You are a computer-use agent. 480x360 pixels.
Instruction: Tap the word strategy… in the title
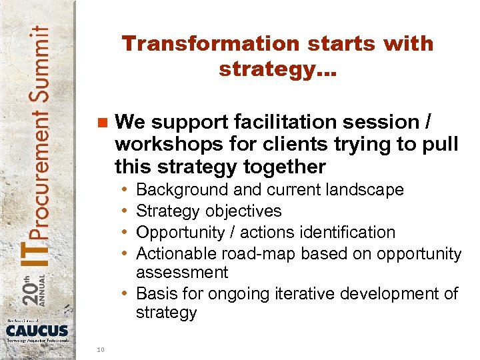tap(278, 69)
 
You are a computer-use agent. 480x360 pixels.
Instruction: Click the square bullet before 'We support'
tap(102, 123)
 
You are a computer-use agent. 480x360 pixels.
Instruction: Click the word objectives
tap(243, 211)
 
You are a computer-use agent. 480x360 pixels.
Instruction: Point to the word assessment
tap(182, 272)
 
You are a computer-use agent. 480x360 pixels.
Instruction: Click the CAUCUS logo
tap(37, 329)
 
